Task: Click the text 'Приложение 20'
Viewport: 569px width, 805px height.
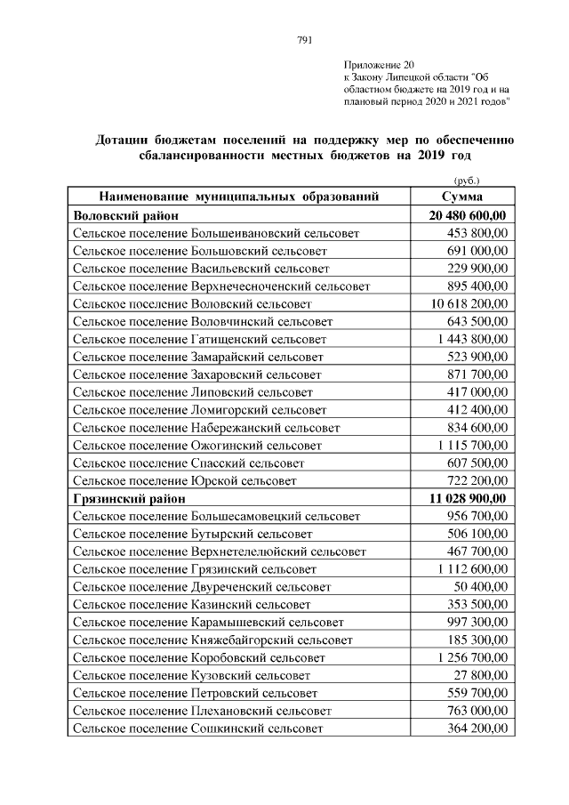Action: point(378,65)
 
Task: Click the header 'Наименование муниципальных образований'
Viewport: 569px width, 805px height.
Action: point(239,197)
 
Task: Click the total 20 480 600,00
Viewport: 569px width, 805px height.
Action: point(468,215)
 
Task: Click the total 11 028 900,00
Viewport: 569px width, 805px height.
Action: point(468,498)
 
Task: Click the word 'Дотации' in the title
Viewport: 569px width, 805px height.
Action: point(126,140)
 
